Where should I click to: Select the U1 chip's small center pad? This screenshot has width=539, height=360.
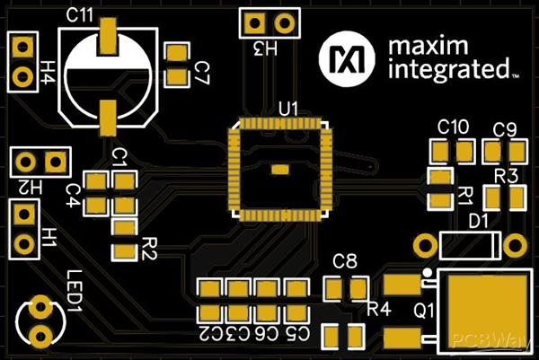[x=280, y=170]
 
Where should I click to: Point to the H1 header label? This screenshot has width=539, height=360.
[x=49, y=237]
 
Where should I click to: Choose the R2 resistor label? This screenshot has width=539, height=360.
[x=150, y=247]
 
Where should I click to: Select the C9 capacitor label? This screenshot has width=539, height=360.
[x=505, y=129]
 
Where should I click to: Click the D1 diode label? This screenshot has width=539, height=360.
[x=479, y=220]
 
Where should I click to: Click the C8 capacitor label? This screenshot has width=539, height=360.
[x=345, y=262]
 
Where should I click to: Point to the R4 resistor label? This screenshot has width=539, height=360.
[x=379, y=310]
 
